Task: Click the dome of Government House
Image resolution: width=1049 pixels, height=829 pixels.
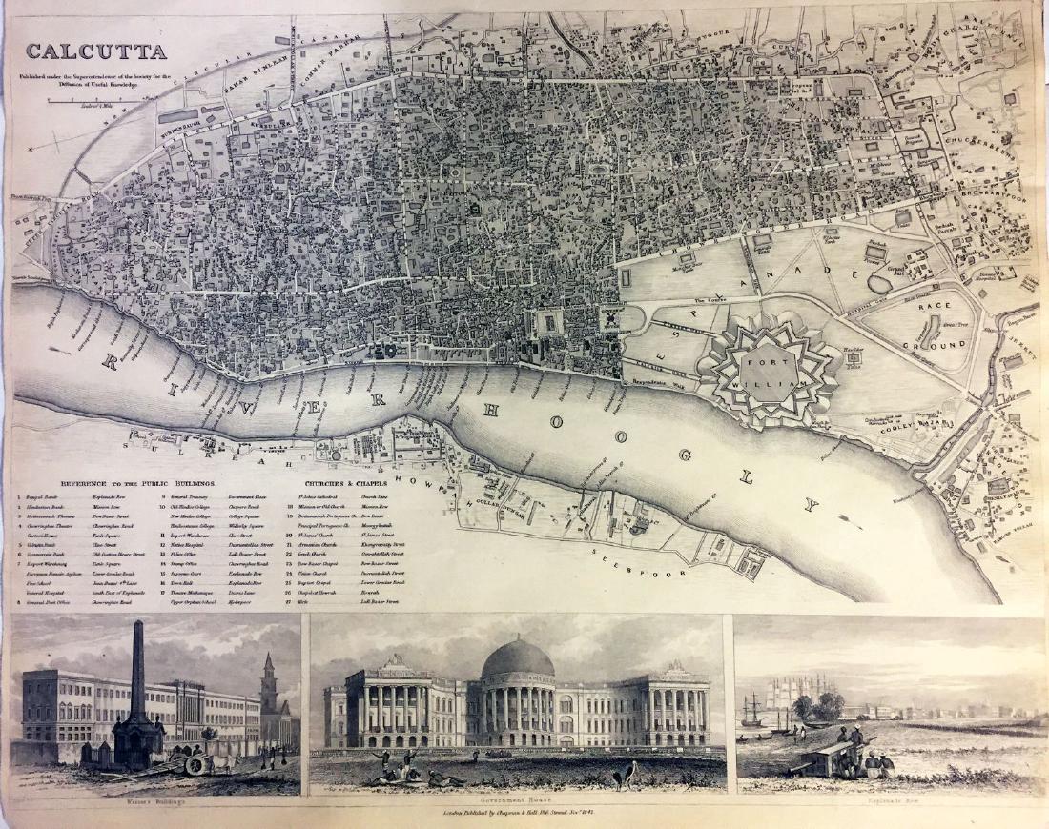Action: coord(518,659)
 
